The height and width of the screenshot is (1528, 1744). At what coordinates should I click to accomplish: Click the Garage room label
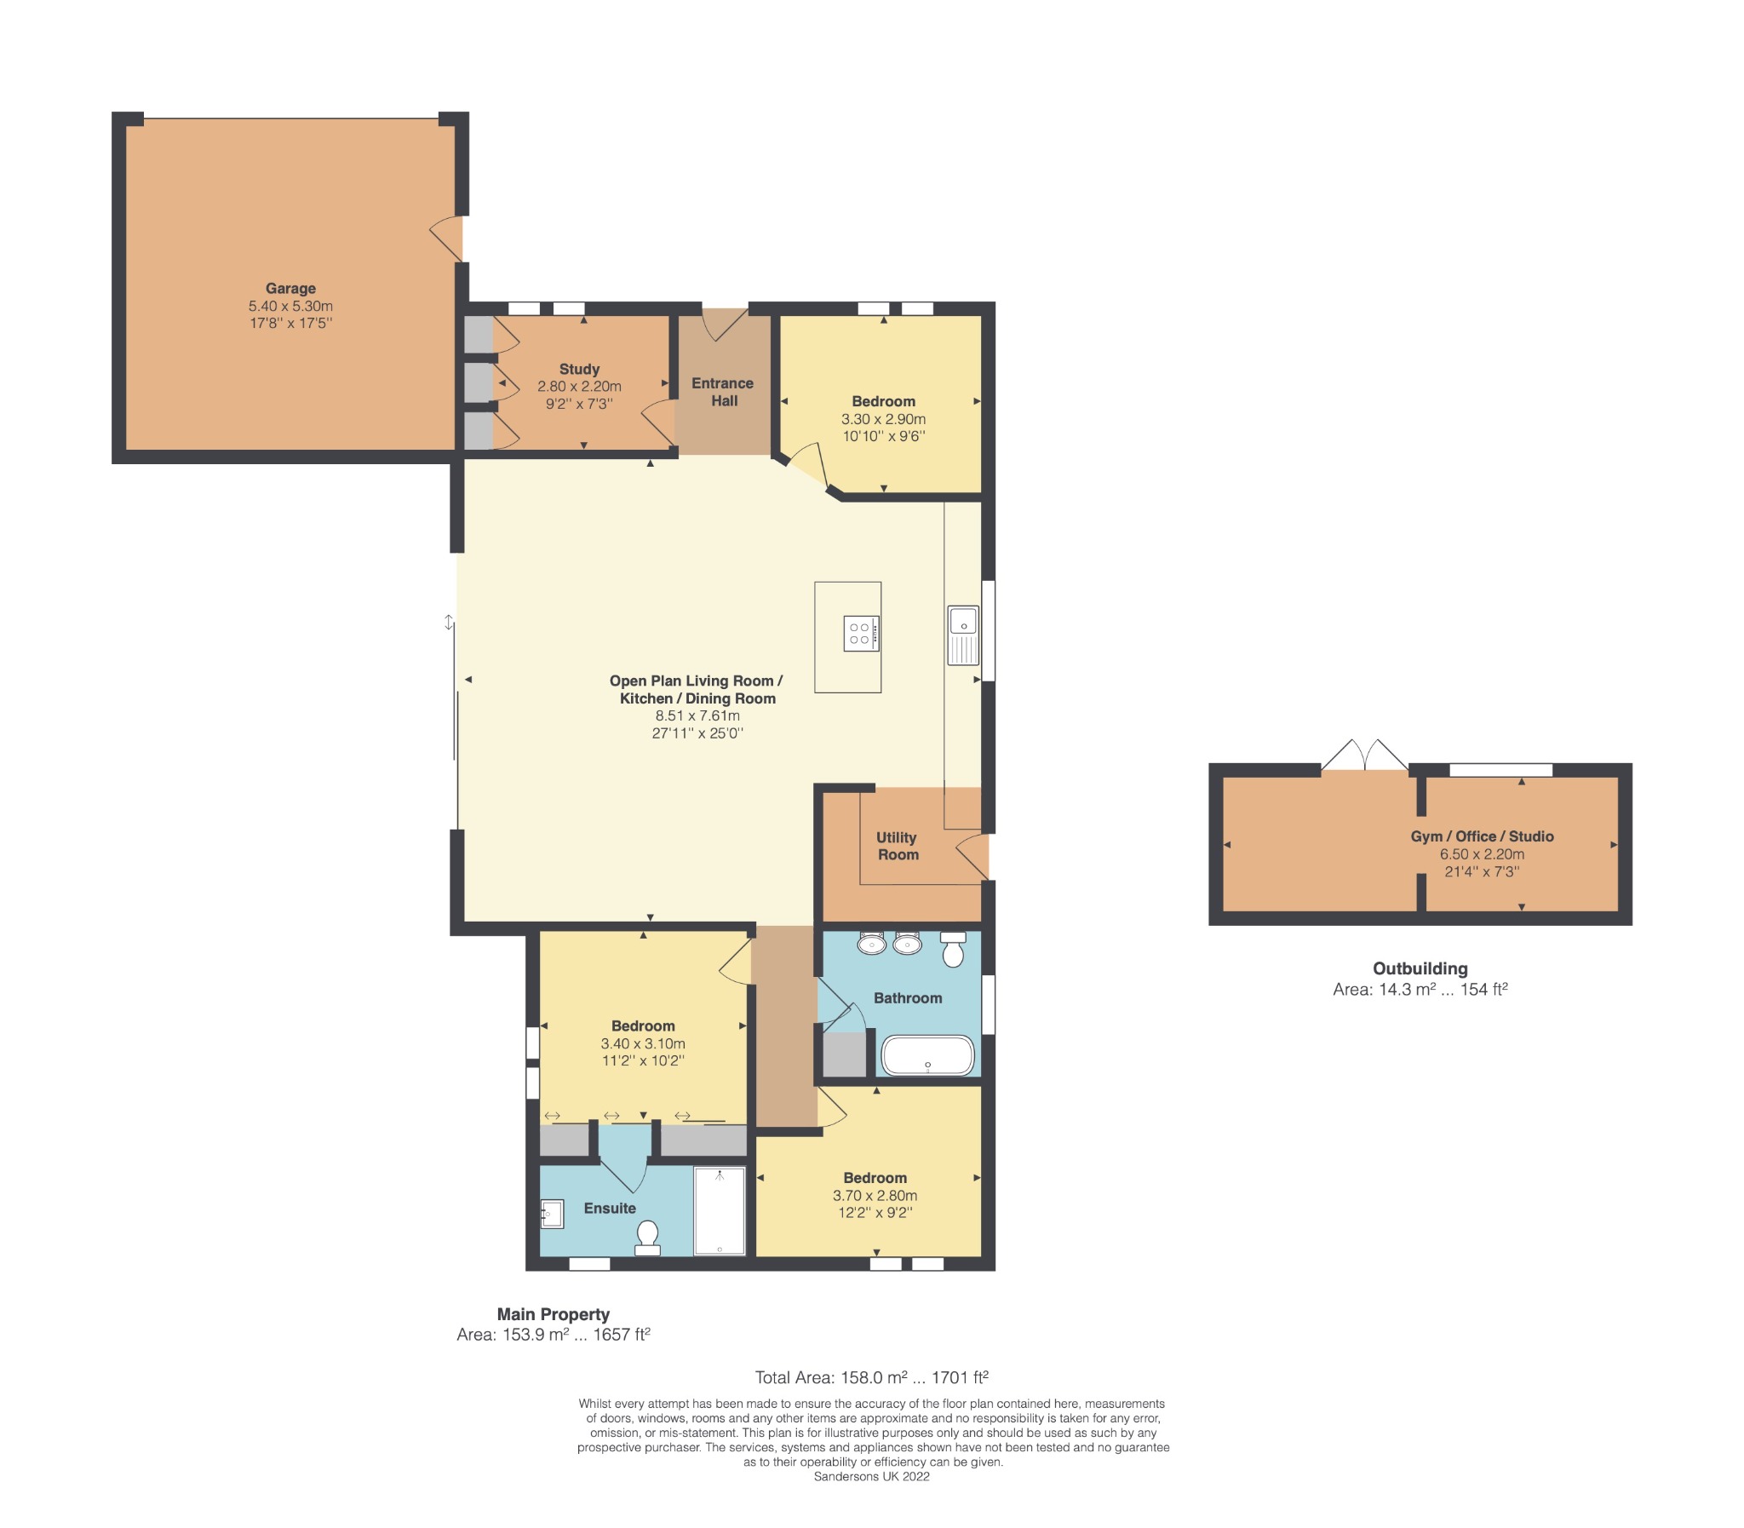pos(290,288)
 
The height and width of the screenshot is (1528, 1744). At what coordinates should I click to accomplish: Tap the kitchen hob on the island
pos(860,634)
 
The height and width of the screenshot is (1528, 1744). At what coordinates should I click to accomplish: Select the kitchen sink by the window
pos(962,635)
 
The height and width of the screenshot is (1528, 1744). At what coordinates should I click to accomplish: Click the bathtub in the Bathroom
pos(926,1054)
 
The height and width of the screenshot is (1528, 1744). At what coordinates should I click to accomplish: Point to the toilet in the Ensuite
pos(647,1238)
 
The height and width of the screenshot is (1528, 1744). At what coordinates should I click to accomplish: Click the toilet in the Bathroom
pos(952,949)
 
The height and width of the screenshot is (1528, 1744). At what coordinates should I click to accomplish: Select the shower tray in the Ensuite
pos(719,1211)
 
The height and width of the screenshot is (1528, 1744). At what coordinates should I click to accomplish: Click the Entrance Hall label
pos(722,392)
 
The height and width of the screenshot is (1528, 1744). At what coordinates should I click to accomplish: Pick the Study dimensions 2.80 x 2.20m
pos(579,387)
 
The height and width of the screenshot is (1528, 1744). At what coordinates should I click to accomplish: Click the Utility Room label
pos(897,846)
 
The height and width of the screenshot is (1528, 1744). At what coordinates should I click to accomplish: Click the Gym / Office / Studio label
pos(1482,836)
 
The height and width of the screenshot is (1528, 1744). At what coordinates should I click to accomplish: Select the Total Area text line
pos(871,1377)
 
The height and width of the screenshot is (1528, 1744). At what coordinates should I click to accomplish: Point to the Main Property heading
pos(554,1314)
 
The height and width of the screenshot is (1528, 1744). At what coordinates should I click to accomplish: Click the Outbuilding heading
pos(1420,968)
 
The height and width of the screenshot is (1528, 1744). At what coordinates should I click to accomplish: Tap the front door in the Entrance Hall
pos(723,324)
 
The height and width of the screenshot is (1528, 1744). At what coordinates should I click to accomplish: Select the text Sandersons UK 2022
pos(871,1476)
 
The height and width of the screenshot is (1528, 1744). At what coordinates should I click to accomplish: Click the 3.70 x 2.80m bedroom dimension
pos(875,1196)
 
